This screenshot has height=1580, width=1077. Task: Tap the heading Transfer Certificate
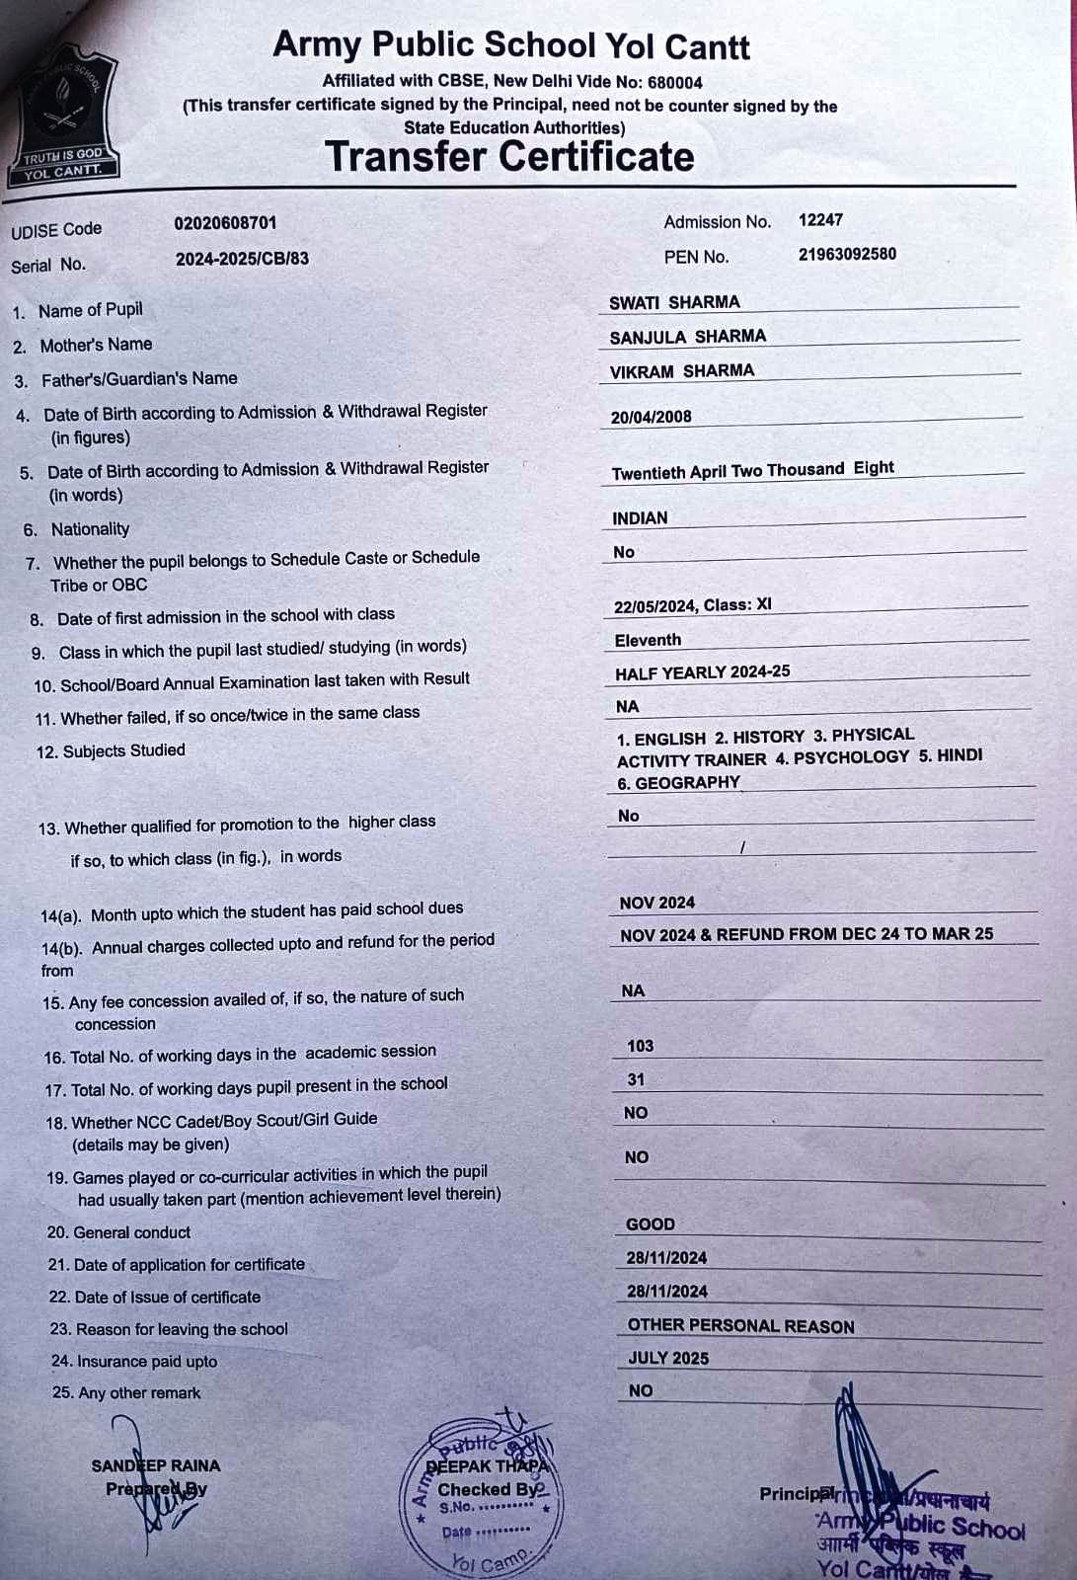coord(509,157)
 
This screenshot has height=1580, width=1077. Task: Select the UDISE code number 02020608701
coord(225,223)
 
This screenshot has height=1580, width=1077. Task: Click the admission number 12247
coord(820,220)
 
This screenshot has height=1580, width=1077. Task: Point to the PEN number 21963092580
coord(847,254)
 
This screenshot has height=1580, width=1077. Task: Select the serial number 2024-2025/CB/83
coord(242,259)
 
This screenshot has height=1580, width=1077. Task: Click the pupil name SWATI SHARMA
coord(674,302)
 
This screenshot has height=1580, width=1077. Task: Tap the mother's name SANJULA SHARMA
coord(687,337)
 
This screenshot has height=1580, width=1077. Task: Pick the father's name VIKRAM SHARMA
coord(681,371)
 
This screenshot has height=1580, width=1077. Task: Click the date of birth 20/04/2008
coord(651,417)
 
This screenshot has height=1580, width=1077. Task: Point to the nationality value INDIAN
coord(640,518)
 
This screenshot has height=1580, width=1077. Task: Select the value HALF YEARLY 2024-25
coord(702,672)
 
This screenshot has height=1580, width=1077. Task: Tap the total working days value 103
coord(640,1046)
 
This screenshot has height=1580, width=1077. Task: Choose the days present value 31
coord(636,1079)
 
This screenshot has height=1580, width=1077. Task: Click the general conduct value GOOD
coord(651,1224)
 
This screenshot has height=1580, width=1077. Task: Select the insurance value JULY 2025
coord(668,1358)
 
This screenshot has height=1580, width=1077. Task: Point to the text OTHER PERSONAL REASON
coord(740,1326)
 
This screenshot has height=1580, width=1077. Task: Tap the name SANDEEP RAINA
coord(156,1465)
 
